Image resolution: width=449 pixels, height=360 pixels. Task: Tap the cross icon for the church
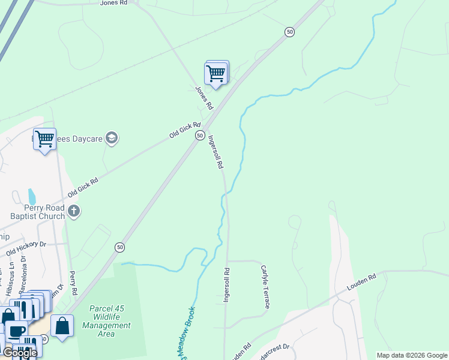pos(74,211)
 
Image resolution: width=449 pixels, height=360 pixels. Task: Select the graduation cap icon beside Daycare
pos(111,139)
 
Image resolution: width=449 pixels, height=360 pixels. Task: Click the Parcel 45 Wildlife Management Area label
pos(110,321)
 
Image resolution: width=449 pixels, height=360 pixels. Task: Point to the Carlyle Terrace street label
pos(264,286)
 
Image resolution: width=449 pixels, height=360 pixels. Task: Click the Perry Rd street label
pos(74,282)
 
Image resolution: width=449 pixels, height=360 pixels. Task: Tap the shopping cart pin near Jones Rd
pos(215,74)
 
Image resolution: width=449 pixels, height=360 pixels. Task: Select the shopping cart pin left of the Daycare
pos(44,140)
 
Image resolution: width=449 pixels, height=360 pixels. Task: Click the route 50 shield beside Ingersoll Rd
pos(199,136)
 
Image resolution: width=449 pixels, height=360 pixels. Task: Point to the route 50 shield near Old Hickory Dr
pos(120,247)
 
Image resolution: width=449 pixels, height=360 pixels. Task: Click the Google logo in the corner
pos(19,353)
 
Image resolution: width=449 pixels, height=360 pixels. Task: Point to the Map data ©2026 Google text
pos(412,355)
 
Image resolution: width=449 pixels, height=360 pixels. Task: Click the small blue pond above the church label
pos(32,196)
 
